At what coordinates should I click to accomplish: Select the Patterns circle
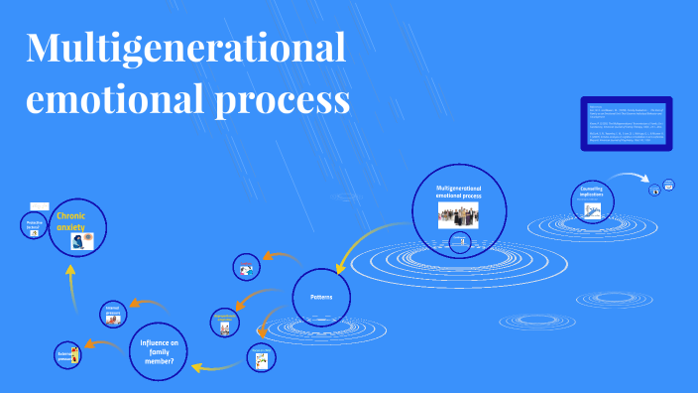pyautogui.click(x=322, y=297)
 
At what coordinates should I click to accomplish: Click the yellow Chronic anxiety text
pyautogui.click(x=70, y=220)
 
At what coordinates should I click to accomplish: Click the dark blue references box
pyautogui.click(x=625, y=124)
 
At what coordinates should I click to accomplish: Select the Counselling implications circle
pyautogui.click(x=592, y=201)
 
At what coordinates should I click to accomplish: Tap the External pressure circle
pyautogui.click(x=67, y=354)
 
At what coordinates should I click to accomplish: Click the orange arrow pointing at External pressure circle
pyautogui.click(x=105, y=343)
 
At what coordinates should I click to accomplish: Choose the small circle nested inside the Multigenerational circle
pyautogui.click(x=457, y=241)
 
